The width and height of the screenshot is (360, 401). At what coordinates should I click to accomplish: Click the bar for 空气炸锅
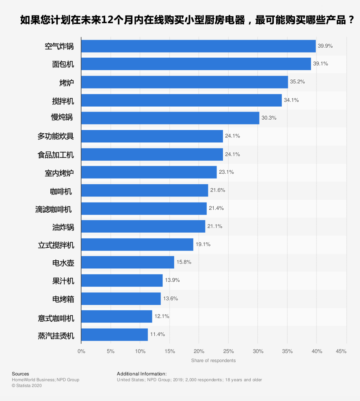tap(198, 46)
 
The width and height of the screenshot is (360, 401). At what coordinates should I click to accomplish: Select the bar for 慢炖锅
tap(170, 118)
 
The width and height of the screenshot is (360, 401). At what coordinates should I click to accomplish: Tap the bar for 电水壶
tap(128, 262)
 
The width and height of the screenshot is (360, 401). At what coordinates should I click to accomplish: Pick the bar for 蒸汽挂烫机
tap(115, 335)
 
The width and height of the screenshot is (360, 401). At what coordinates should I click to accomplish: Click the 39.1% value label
tap(320, 64)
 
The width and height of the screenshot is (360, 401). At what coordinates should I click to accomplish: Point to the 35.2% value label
tap(297, 82)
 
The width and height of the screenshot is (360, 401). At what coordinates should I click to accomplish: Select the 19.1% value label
tap(203, 244)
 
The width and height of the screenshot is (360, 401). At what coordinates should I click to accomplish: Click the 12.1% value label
tap(162, 316)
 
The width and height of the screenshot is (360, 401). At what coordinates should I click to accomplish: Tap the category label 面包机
tap(63, 64)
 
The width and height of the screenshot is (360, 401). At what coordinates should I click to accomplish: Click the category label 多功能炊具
tap(56, 136)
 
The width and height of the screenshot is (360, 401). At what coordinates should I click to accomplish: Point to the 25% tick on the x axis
tap(228, 351)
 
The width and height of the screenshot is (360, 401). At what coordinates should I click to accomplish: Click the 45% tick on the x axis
tap(341, 351)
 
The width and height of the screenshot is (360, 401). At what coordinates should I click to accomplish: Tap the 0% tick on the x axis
tap(81, 351)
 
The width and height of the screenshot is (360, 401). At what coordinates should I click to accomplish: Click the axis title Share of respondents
tap(213, 361)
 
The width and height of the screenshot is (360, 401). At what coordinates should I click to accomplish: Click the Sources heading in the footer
tap(20, 374)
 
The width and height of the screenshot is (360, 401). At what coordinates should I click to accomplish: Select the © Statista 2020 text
tap(26, 386)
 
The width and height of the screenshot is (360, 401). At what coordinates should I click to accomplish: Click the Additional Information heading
tap(142, 374)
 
